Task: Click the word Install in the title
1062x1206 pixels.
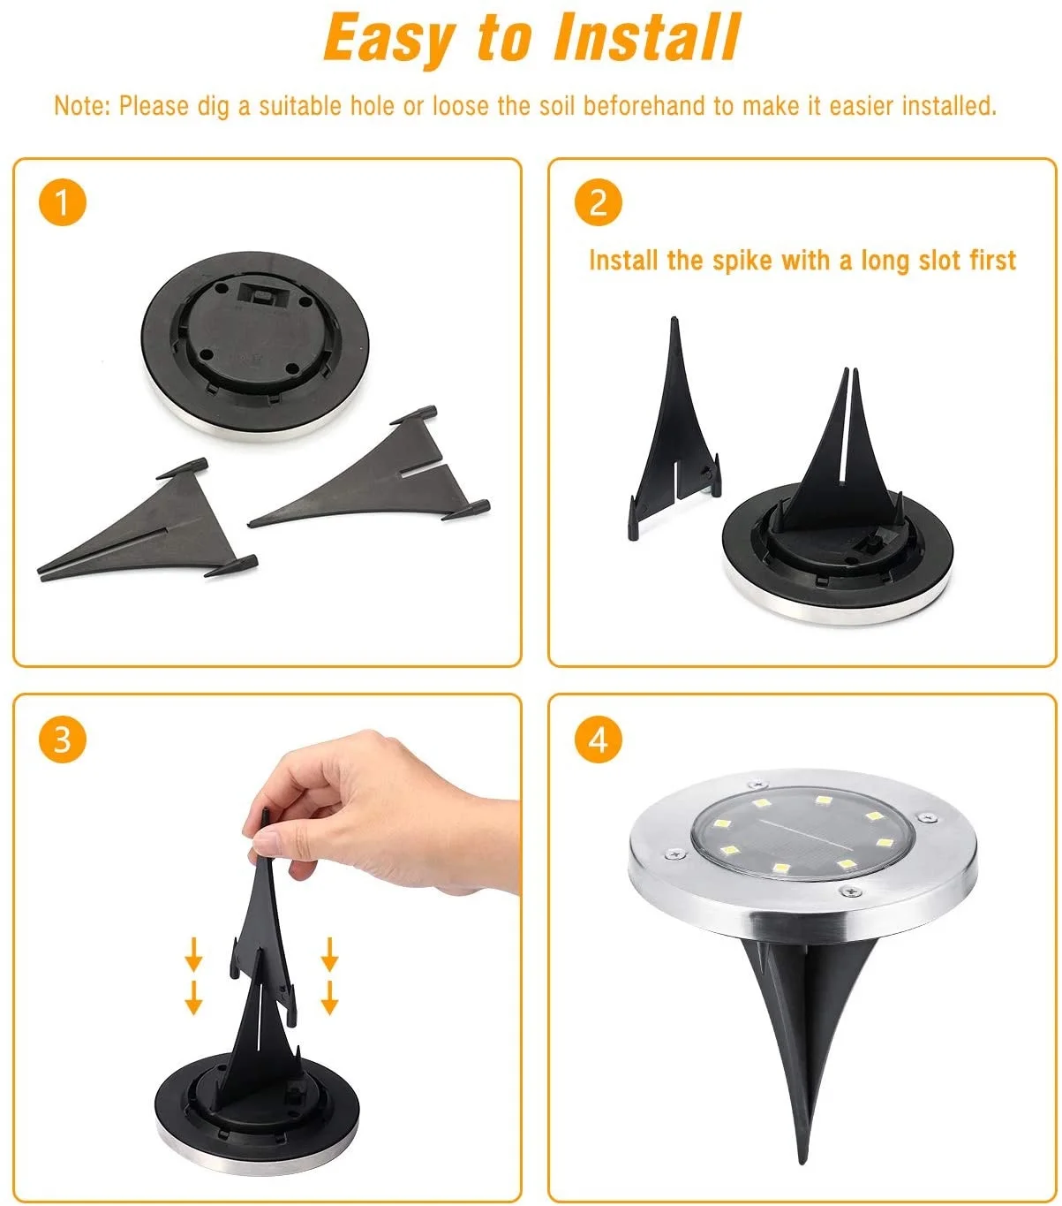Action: point(647,37)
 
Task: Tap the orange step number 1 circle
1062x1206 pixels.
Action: point(63,202)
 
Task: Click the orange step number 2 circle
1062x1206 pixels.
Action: point(598,202)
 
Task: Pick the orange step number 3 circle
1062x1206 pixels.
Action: point(63,740)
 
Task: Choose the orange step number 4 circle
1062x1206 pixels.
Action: point(598,740)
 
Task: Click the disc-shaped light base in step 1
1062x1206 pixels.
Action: point(255,345)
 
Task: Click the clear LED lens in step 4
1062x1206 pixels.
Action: point(802,833)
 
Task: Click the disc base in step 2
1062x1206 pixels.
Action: point(838,554)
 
